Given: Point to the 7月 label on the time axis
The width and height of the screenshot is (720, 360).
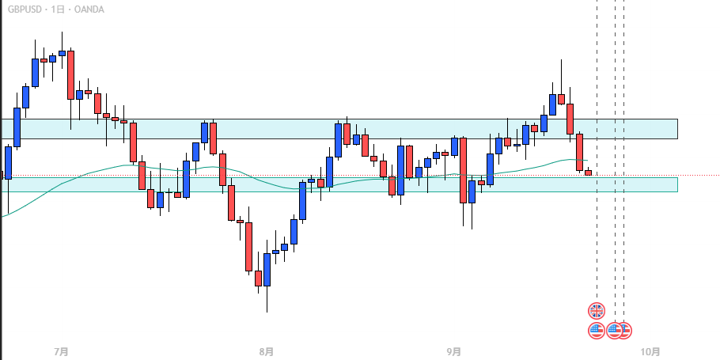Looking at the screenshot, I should [x=61, y=351].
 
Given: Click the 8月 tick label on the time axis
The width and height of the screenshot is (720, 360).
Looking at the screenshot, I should [x=267, y=351].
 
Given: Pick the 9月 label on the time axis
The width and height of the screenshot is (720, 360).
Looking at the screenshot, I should [x=454, y=351].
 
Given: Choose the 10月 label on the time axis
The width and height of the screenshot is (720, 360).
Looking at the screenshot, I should [x=650, y=351].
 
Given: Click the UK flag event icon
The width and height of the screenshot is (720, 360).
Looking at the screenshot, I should [x=597, y=310].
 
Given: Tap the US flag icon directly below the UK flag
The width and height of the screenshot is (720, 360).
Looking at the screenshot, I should [x=597, y=330].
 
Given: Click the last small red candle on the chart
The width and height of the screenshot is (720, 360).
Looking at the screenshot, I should [x=588, y=172].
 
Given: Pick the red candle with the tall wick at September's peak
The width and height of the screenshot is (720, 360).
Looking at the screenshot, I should [x=561, y=99].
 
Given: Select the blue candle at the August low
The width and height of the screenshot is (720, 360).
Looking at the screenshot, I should [x=267, y=270].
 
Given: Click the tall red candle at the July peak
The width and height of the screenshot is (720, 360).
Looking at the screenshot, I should [x=71, y=75].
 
